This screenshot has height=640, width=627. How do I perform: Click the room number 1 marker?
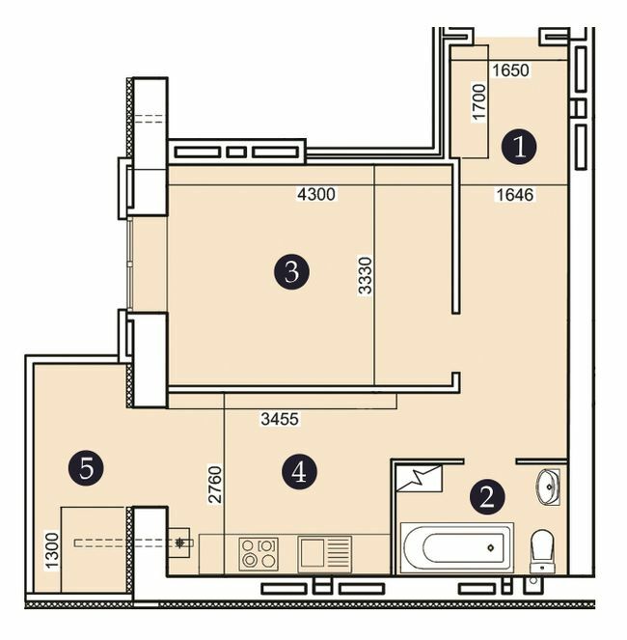[x=520, y=148]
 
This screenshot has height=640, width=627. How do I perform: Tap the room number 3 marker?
[x=291, y=272]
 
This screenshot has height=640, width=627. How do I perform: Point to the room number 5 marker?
[x=87, y=469]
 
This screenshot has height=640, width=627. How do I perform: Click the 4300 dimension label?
[x=315, y=195]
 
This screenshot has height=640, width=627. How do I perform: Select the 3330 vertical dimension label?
[x=365, y=274]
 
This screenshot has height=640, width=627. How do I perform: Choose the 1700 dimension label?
[x=478, y=101]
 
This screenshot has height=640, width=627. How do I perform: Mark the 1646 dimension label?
[x=514, y=195]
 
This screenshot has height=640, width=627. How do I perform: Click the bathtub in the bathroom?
[x=455, y=547]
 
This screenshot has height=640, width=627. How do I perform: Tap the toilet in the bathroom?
[x=542, y=549]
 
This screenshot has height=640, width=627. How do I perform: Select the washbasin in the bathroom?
[x=548, y=486]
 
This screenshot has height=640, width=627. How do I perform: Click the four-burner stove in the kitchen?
[x=258, y=553]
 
